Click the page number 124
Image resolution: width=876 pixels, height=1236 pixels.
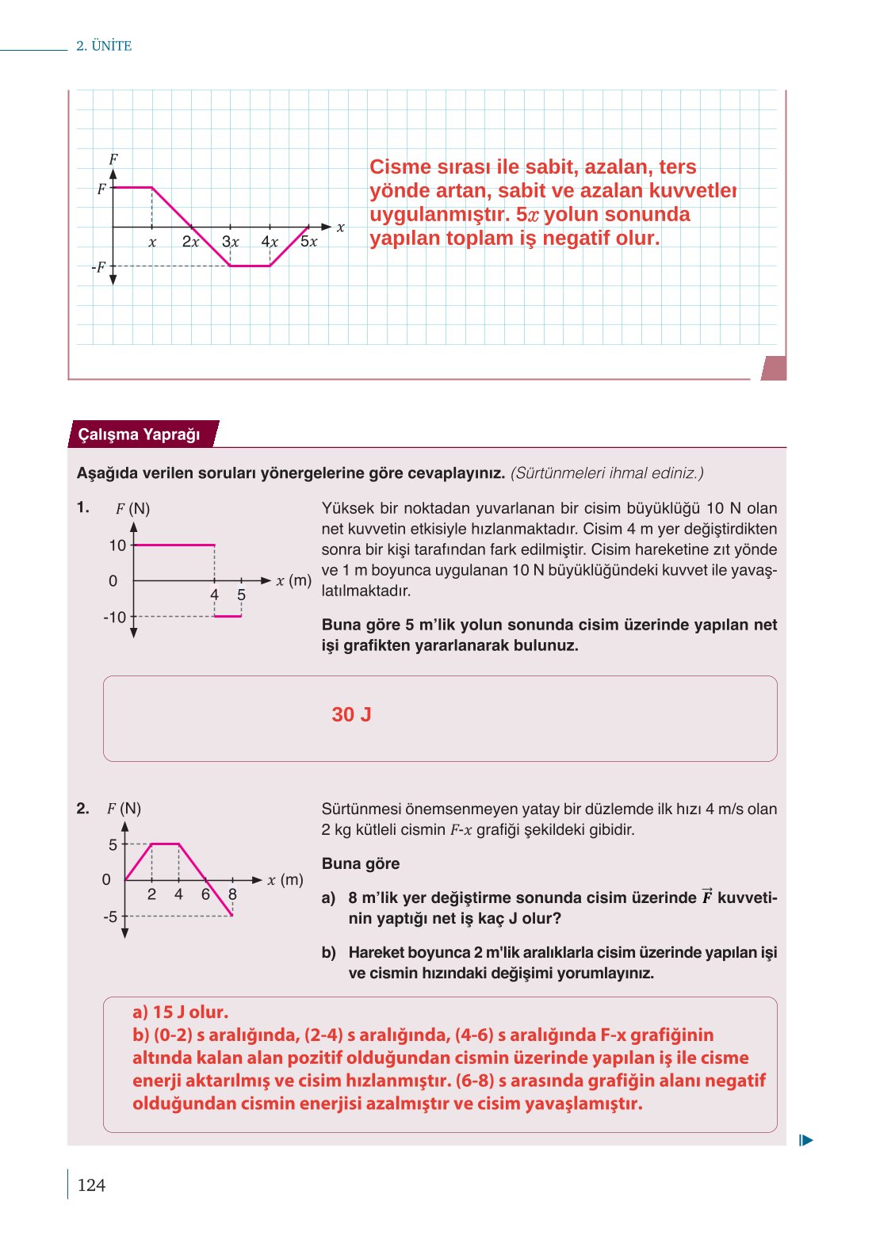[x=91, y=1185]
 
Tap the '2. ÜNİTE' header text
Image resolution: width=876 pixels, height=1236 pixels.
[x=104, y=46]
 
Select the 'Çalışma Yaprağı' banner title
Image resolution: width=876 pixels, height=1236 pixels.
[x=139, y=434]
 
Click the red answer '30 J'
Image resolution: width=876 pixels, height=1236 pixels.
[x=351, y=714]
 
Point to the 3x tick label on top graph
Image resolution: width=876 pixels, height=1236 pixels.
[x=231, y=242]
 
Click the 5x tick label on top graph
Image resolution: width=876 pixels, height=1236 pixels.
[x=308, y=242]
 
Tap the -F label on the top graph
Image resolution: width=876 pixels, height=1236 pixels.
[x=98, y=267]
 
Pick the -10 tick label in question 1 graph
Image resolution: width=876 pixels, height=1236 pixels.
[x=114, y=617]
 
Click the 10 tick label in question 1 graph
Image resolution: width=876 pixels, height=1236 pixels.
[x=117, y=545]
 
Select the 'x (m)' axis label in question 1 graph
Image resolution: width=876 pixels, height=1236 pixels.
[x=293, y=580]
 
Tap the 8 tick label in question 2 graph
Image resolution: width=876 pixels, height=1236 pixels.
[x=232, y=894]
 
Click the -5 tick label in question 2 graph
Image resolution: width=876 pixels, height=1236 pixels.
[x=110, y=916]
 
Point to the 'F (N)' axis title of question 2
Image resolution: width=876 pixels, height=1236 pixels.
[x=124, y=809]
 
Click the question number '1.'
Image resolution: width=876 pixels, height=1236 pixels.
[x=83, y=507]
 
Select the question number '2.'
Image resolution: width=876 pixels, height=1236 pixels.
[x=83, y=809]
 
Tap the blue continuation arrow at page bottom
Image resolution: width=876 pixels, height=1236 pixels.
[x=806, y=1141]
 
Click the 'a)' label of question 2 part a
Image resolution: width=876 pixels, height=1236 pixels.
[x=329, y=898]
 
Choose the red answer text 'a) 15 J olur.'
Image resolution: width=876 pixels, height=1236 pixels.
[x=181, y=1012]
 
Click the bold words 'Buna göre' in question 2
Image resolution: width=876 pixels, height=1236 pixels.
[x=361, y=864]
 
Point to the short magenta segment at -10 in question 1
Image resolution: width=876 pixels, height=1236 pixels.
[x=228, y=616]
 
